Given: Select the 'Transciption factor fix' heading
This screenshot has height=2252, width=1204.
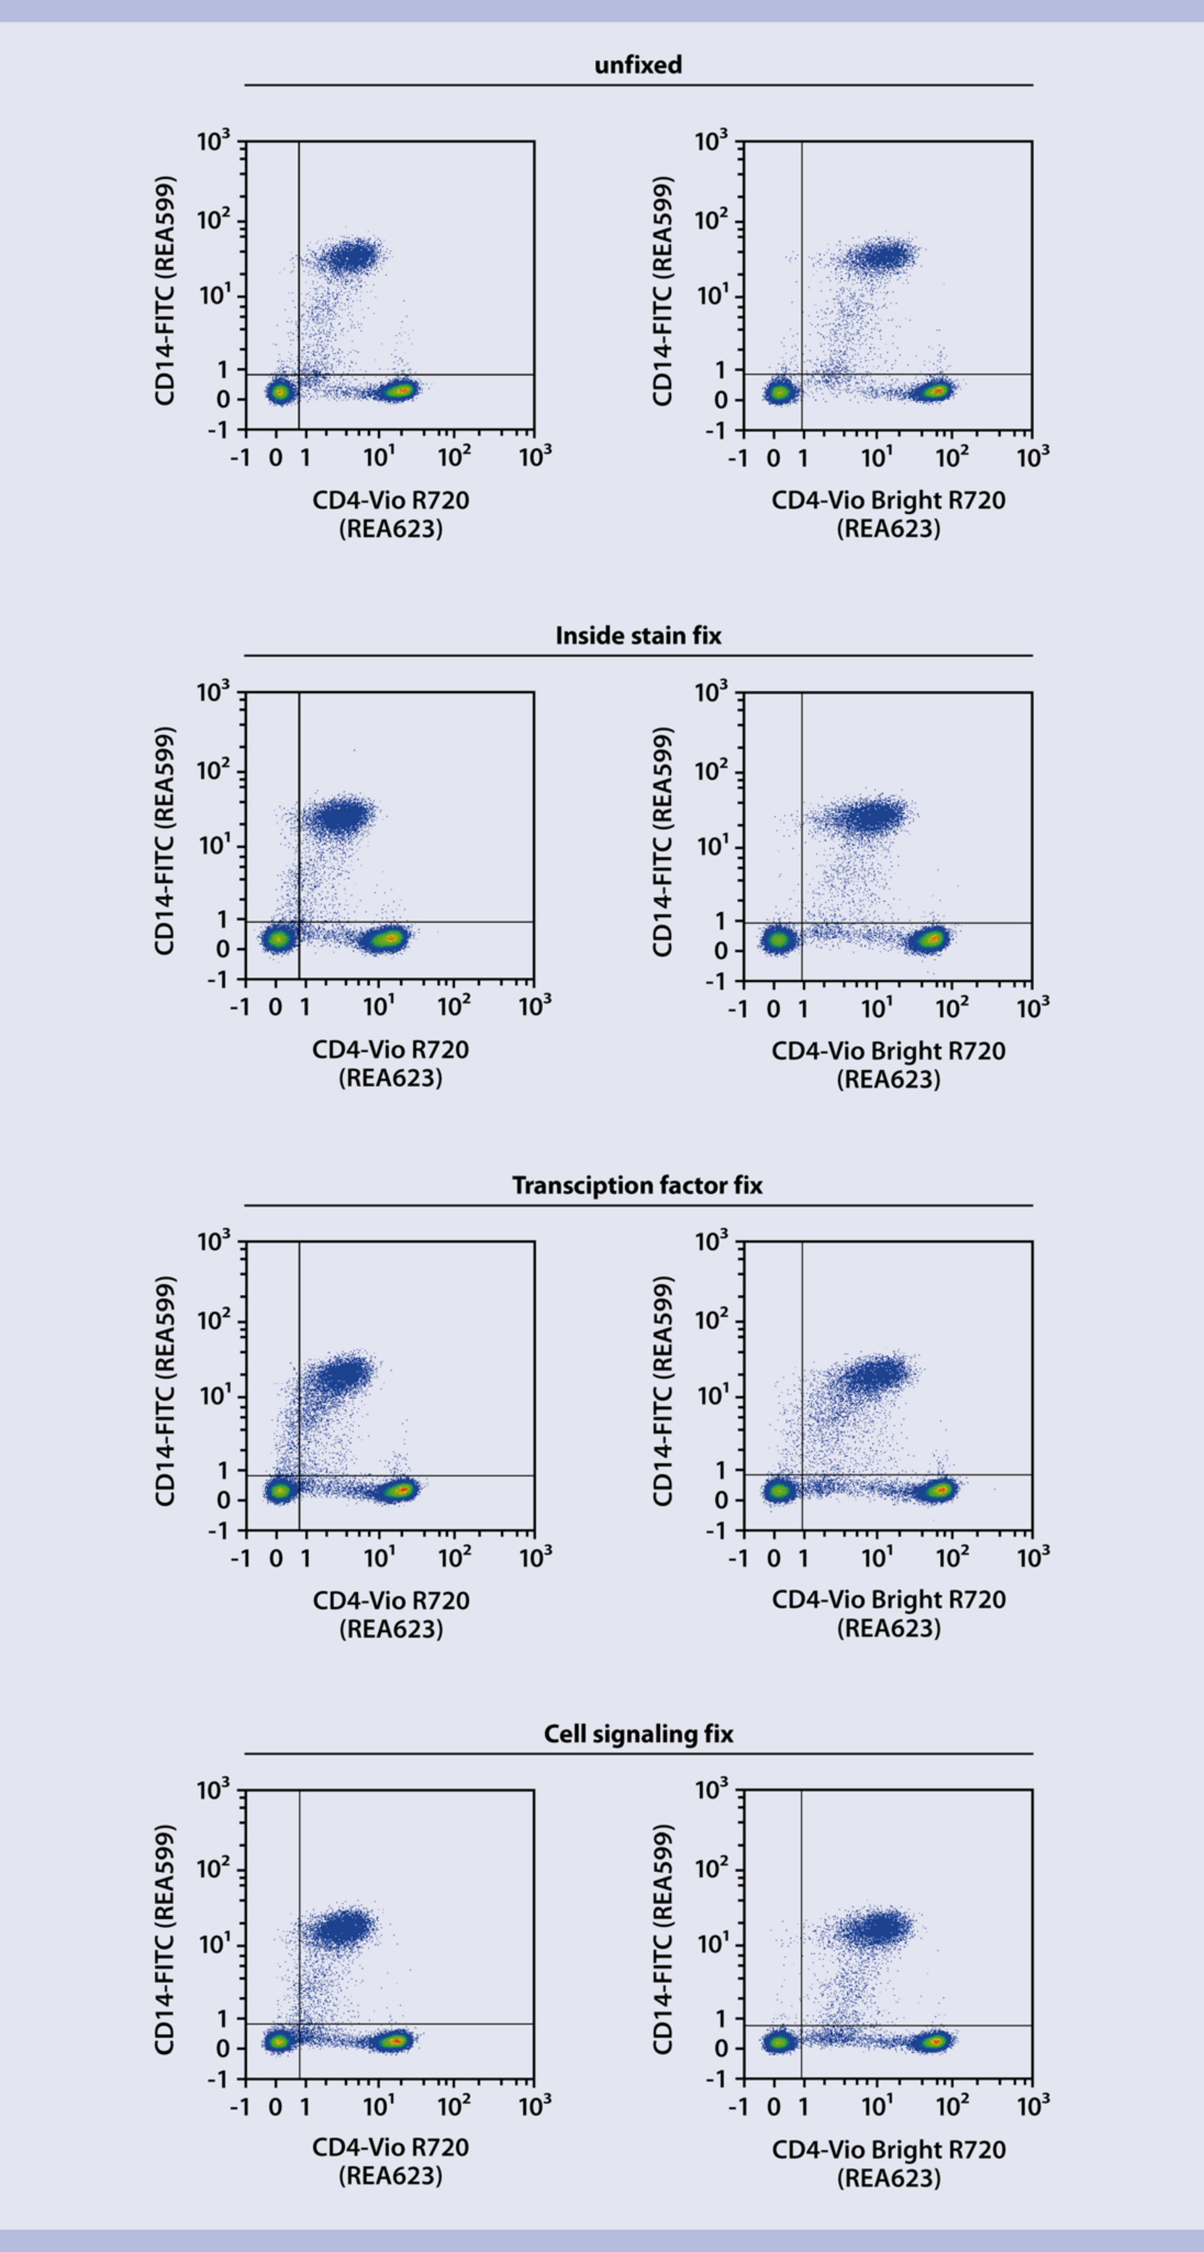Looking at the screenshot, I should click(x=637, y=1185).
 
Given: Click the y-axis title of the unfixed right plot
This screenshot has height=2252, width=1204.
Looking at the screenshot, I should click(x=663, y=291).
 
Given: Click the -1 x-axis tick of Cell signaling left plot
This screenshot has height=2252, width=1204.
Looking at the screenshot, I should click(x=240, y=2107).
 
